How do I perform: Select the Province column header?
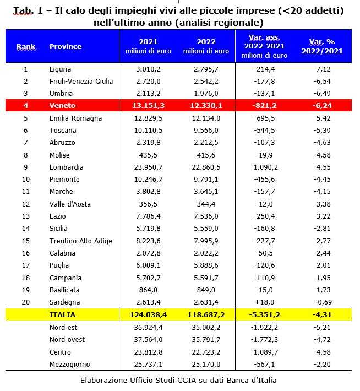pyautogui.click(x=66, y=47)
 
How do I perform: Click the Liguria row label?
pyautogui.click(x=60, y=69)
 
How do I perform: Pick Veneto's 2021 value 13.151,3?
pyautogui.click(x=148, y=106)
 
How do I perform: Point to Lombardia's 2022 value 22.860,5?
pyautogui.click(x=206, y=167)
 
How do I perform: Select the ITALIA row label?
pyautogui.click(x=62, y=315)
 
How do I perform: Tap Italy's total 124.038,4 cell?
pyautogui.click(x=148, y=315)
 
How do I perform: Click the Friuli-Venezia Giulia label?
pyautogui.click(x=81, y=82)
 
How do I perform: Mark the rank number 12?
pyautogui.click(x=26, y=204)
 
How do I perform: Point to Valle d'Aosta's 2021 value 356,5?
pyautogui.click(x=148, y=204)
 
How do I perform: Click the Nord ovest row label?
pyautogui.click(x=67, y=340)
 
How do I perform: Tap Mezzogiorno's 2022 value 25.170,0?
pyautogui.click(x=206, y=365)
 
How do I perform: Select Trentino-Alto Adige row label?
pyautogui.click(x=80, y=241)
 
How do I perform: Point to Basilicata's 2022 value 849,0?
pyautogui.click(x=206, y=290)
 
